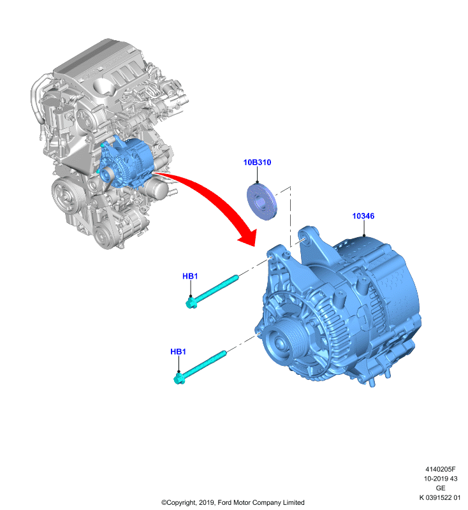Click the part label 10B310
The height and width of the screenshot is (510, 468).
pyautogui.click(x=257, y=163)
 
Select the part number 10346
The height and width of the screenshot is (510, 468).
pyautogui.click(x=363, y=216)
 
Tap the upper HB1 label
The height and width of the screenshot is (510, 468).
pyautogui.click(x=190, y=276)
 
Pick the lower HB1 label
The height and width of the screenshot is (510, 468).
pyautogui.click(x=179, y=352)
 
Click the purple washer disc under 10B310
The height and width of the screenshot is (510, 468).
pyautogui.click(x=263, y=202)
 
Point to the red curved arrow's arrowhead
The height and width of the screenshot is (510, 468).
pyautogui.click(x=248, y=237)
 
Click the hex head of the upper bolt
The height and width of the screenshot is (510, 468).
pyautogui.click(x=191, y=303)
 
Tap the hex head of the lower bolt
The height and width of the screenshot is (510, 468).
pyautogui.click(x=179, y=379)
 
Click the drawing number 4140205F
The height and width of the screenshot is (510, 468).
pyautogui.click(x=441, y=469)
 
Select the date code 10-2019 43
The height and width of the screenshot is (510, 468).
pyautogui.click(x=441, y=479)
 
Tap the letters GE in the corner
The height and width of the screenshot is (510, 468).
pyautogui.click(x=441, y=488)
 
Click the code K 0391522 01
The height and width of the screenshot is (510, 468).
pyautogui.click(x=440, y=497)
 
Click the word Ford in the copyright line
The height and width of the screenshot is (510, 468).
pyautogui.click(x=224, y=502)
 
